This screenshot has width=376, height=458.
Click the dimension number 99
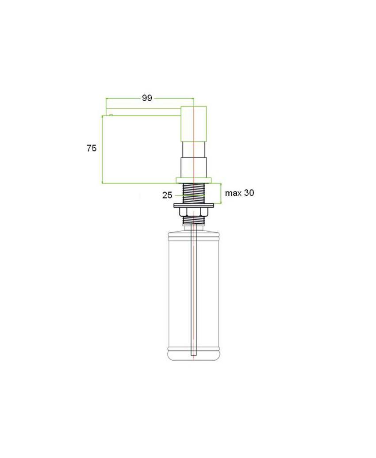click(147, 98)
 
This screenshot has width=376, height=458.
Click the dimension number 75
click(92, 148)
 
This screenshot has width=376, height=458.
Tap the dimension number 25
click(167, 195)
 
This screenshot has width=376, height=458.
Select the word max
click(233, 193)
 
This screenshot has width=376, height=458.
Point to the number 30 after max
click(249, 193)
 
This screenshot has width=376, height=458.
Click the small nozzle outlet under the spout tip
click(111, 115)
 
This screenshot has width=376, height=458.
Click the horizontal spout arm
click(143, 112)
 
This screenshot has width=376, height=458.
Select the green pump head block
click(194, 124)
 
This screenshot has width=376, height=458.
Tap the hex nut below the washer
click(194, 212)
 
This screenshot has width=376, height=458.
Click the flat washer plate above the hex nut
click(194, 206)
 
